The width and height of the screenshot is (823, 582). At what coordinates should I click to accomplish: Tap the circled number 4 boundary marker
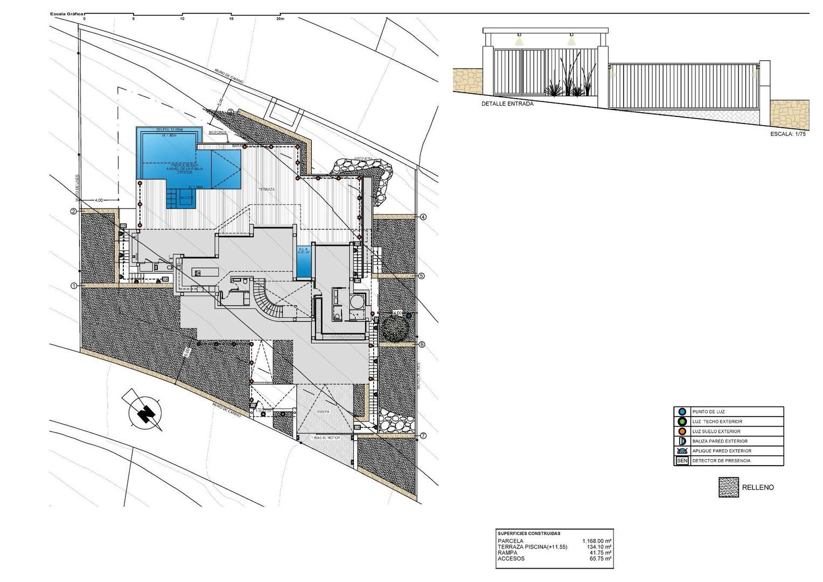pos(423,217)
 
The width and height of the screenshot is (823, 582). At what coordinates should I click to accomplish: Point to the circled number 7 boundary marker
pos(423,435)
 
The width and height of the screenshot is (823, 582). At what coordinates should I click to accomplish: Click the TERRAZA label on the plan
pos(266,190)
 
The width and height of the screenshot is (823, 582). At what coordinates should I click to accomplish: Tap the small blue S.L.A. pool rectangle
pos(304,261)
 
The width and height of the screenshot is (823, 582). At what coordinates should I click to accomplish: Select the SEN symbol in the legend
pos(681,461)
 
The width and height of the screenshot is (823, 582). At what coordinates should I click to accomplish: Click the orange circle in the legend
pos(681,431)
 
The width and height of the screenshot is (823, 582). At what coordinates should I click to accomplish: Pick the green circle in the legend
pos(681,421)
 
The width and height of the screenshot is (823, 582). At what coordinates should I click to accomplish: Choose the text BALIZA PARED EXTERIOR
pos(720,441)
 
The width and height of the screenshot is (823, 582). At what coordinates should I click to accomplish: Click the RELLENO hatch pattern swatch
pos(728,487)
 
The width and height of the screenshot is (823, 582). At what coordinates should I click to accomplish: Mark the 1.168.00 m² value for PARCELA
pos(596,541)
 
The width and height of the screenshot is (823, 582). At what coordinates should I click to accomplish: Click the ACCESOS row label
pos(511,559)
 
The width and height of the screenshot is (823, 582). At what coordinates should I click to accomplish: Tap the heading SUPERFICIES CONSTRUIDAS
pos(529,533)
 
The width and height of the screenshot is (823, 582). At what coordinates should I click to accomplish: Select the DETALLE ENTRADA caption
pos(507,104)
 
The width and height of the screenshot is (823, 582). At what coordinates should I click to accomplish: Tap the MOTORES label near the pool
pos(218,131)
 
